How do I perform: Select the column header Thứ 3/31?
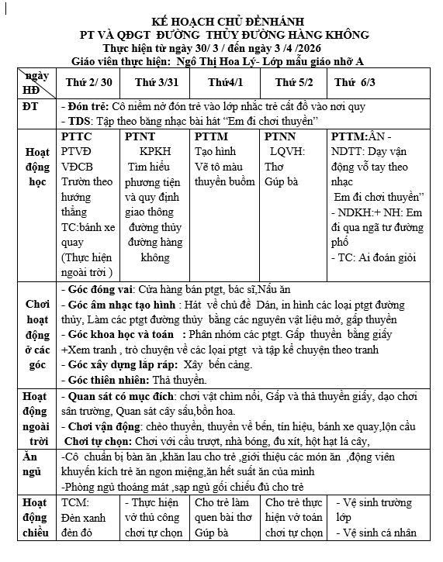click(x=154, y=82)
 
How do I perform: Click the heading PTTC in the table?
click(x=76, y=136)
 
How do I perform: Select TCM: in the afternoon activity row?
click(x=75, y=502)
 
